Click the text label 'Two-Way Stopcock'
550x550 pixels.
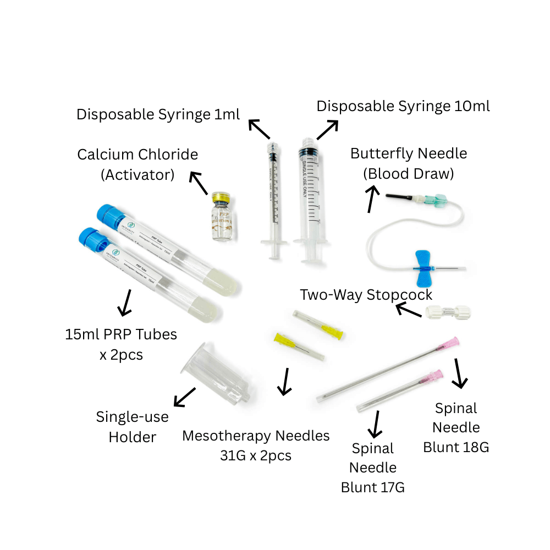[366, 295]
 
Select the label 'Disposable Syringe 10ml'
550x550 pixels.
[403, 106]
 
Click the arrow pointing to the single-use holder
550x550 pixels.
[185, 397]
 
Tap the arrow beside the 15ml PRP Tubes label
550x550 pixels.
[125, 302]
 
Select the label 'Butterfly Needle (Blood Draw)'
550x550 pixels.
[408, 163]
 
